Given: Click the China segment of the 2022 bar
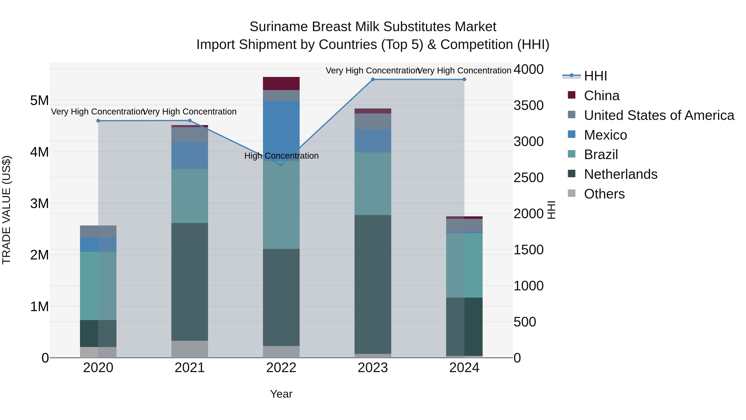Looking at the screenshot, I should click(x=281, y=83).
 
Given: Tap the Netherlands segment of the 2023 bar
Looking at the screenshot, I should click(x=373, y=284).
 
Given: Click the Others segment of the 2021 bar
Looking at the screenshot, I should click(x=190, y=349).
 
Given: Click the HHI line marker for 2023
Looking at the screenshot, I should click(x=373, y=79).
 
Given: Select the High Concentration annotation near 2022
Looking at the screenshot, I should click(x=281, y=156).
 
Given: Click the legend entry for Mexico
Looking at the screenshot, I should click(x=605, y=135).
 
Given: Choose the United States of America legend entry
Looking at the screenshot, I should click(x=659, y=115).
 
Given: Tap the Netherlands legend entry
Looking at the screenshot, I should click(x=621, y=174).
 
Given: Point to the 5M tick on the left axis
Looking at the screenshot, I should click(x=39, y=101).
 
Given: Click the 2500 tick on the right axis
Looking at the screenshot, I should click(x=528, y=178).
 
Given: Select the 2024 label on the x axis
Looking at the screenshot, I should click(x=464, y=368).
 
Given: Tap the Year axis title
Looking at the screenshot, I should click(x=281, y=394).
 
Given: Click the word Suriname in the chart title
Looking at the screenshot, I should click(x=278, y=27).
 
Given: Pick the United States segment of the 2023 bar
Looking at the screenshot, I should click(x=373, y=121).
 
